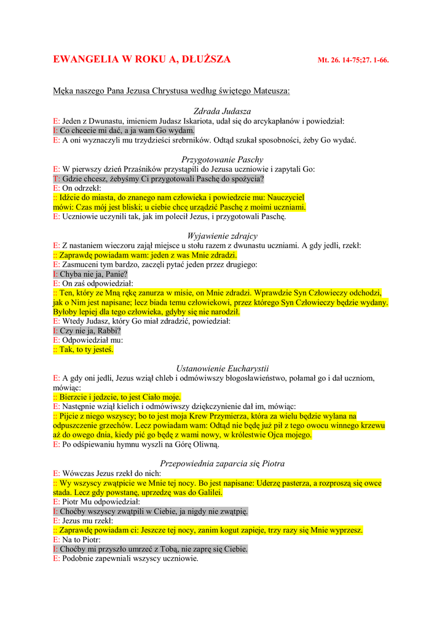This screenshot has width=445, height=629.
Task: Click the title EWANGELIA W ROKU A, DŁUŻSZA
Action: pyautogui.click(x=142, y=60)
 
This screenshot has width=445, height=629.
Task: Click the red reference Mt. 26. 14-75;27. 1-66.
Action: pyautogui.click(x=353, y=61)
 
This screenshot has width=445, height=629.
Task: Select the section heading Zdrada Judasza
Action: pyautogui.click(x=222, y=111)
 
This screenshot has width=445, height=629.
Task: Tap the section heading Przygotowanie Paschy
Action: pyautogui.click(x=222, y=160)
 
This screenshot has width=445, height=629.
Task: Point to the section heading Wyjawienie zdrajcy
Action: pyautogui.click(x=222, y=236)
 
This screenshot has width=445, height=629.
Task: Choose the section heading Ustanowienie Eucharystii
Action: pyautogui.click(x=222, y=369)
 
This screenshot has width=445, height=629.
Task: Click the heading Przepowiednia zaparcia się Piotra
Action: pyautogui.click(x=222, y=463)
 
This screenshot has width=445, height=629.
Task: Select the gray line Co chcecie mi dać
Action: pyautogui.click(x=127, y=131)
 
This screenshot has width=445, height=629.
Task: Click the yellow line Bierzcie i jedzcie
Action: pyautogui.click(x=120, y=397)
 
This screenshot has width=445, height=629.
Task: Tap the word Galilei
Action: pyautogui.click(x=207, y=492)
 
